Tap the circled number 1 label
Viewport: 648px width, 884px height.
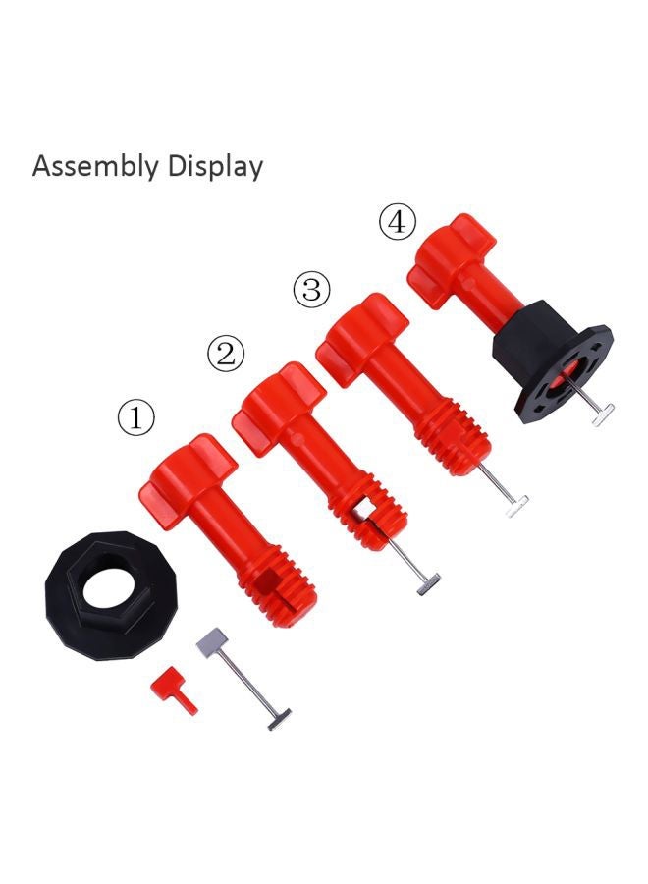click(135, 418)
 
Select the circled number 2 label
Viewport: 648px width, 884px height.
click(226, 354)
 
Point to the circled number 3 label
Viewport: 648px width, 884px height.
click(311, 290)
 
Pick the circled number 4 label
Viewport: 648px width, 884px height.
click(397, 223)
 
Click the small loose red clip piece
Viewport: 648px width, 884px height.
click(173, 688)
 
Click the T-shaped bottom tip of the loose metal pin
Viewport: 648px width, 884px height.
click(279, 718)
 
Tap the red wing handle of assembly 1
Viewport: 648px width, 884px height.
click(190, 471)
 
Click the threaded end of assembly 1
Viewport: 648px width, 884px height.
click(276, 583)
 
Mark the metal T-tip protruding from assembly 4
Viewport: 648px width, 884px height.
click(603, 415)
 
